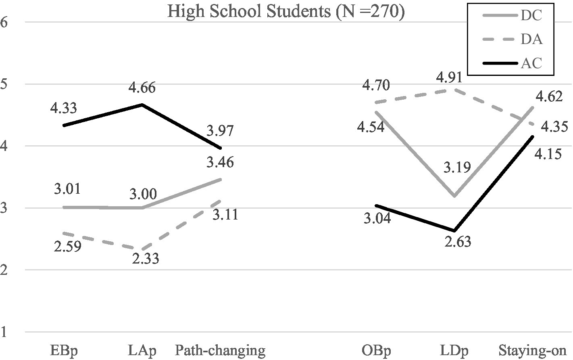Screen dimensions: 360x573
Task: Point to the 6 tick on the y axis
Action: (5, 22)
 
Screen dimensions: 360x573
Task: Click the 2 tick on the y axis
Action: (5, 270)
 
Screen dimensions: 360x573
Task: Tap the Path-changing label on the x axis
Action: (220, 350)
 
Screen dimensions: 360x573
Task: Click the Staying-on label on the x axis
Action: (533, 350)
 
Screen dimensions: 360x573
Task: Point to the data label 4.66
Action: (142, 88)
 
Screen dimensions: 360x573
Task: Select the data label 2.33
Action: (145, 258)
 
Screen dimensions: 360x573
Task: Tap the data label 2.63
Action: (457, 242)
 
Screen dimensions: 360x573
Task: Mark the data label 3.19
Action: (457, 167)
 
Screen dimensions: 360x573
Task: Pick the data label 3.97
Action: (220, 131)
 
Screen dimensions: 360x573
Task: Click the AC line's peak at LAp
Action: (142, 105)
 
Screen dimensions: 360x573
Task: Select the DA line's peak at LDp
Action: (455, 89)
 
